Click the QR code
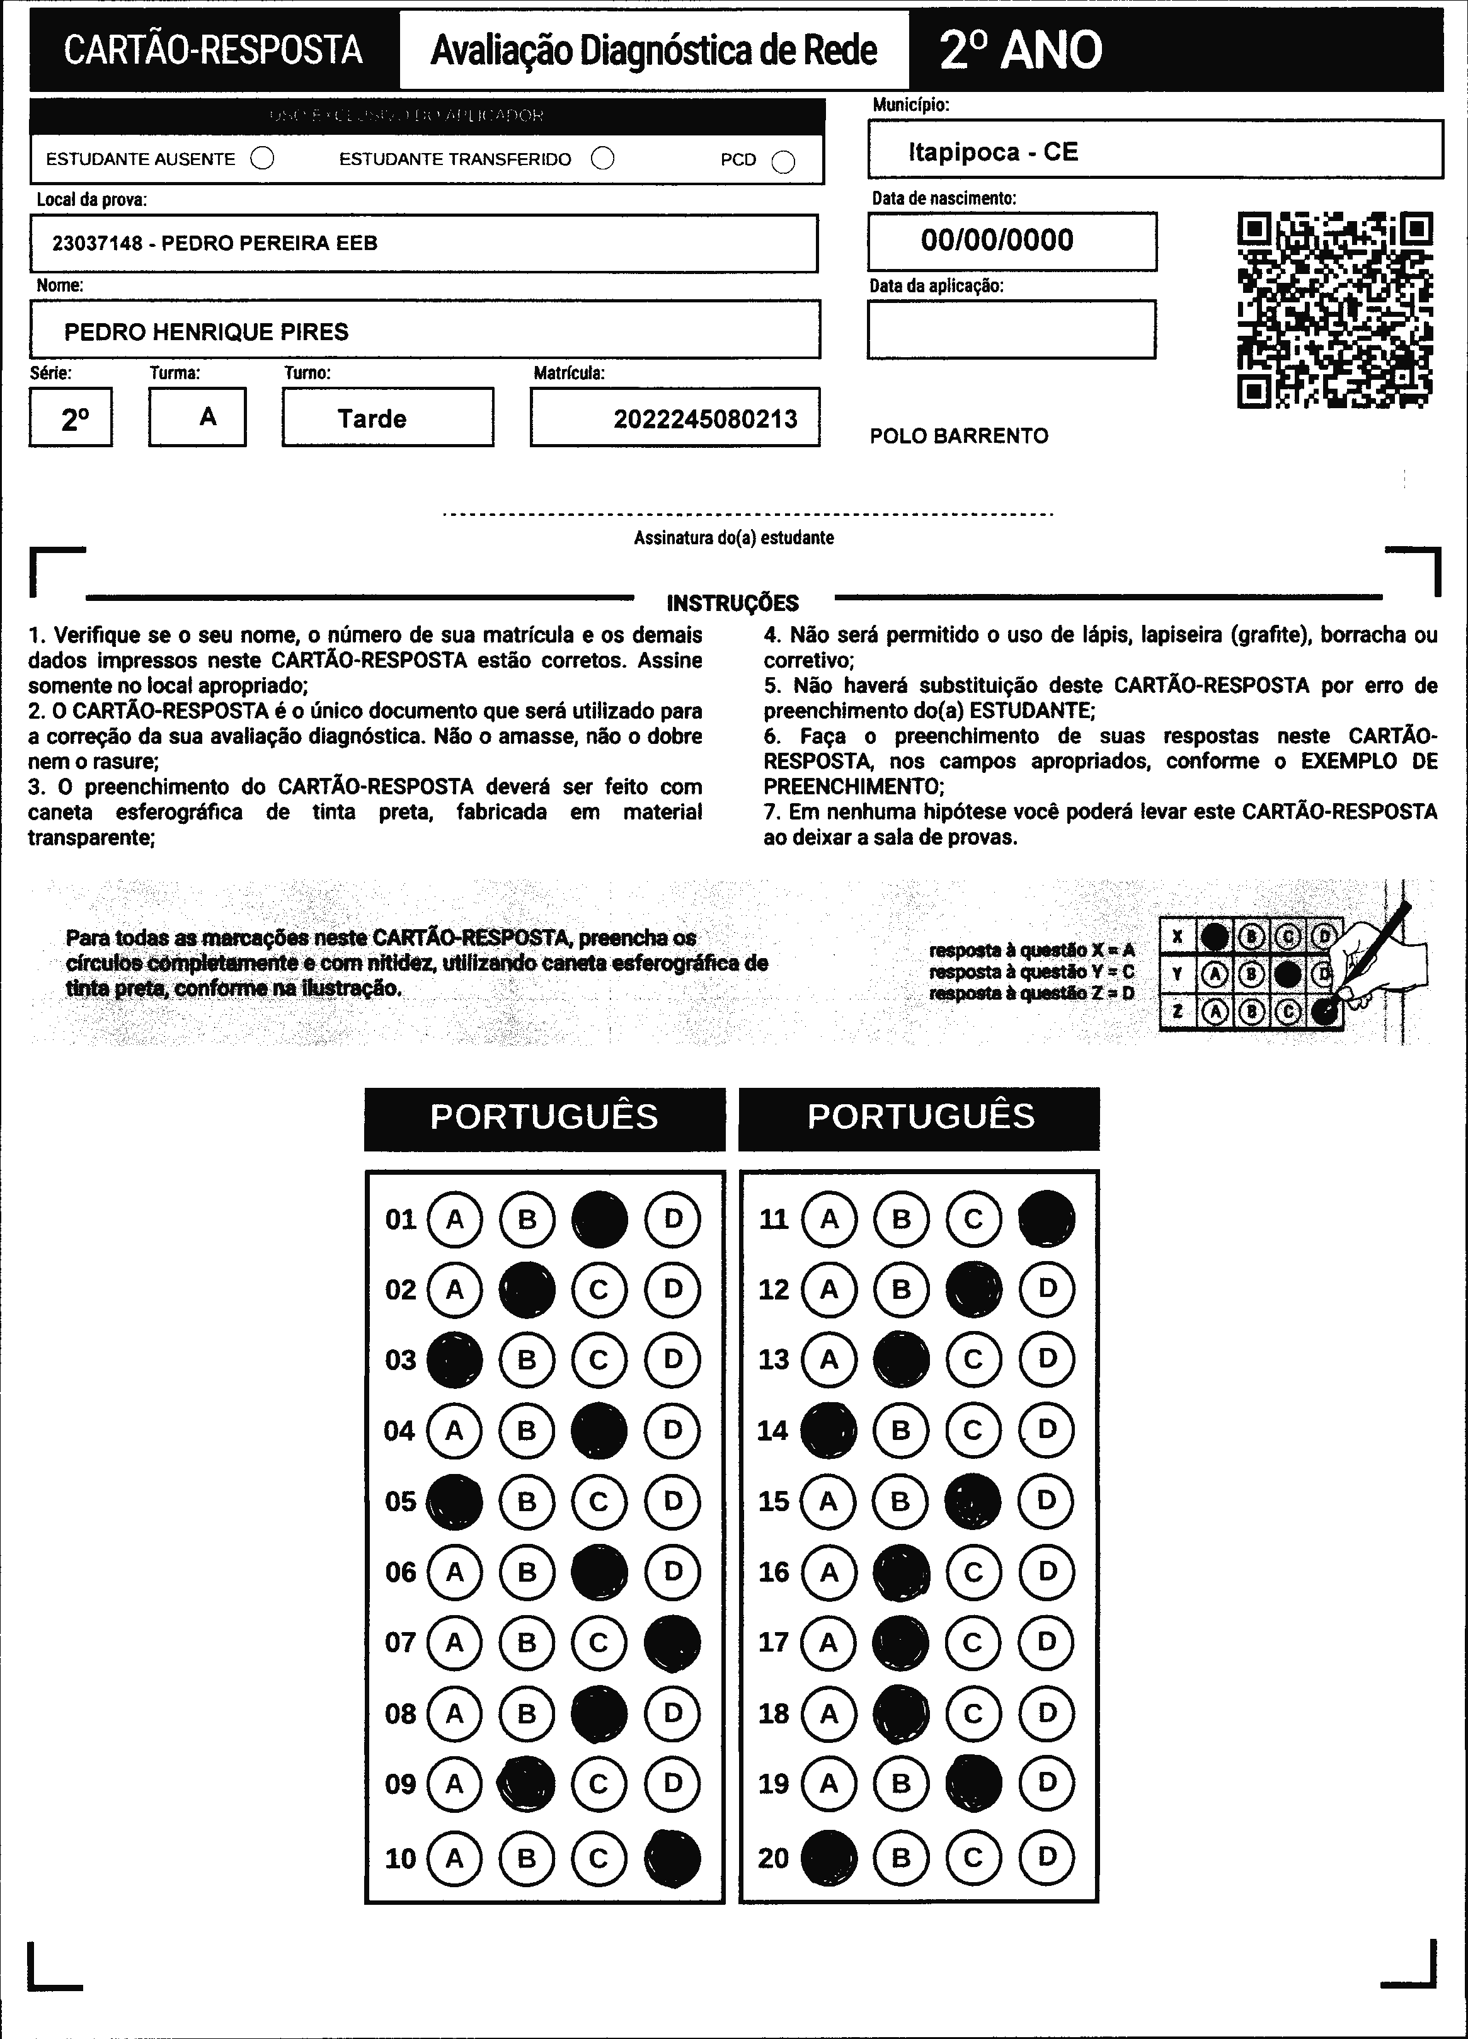(1335, 310)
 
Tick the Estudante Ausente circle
(263, 159)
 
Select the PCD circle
(784, 162)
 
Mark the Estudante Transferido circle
(602, 159)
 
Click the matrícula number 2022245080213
(705, 419)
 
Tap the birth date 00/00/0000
(997, 240)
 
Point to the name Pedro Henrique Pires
(206, 332)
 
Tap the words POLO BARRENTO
(958, 436)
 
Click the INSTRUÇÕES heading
(733, 603)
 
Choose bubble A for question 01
(455, 1219)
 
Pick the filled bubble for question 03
(455, 1359)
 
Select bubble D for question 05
(672, 1500)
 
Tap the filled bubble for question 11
(1047, 1219)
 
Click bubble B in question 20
(901, 1858)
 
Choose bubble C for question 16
(973, 1572)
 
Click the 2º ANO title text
(1020, 50)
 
